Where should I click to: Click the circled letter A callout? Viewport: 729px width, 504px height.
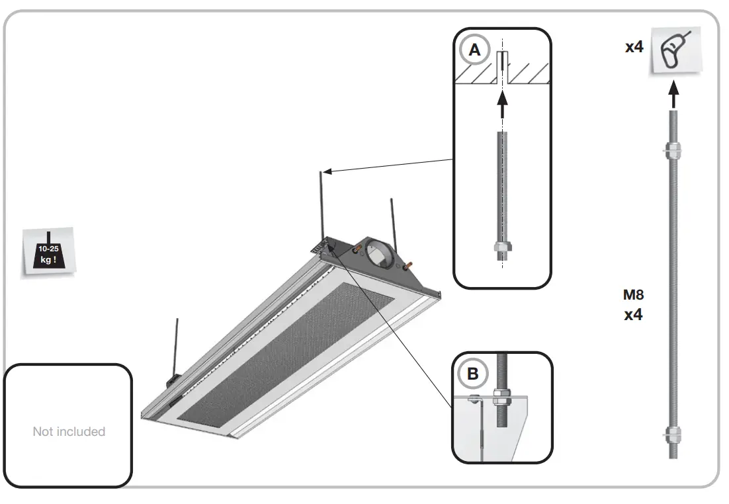point(474,50)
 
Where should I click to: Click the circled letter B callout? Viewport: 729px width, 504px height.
point(472,374)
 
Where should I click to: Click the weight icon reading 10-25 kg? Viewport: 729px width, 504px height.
point(48,252)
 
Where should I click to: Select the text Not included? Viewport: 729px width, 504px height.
point(69,431)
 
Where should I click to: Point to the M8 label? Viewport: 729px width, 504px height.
point(633,295)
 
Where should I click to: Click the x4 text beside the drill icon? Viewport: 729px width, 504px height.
point(634,47)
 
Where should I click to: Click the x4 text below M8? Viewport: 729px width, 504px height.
point(633,315)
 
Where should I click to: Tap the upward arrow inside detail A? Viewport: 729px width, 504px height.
point(502,102)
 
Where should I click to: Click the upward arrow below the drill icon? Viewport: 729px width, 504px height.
point(673,93)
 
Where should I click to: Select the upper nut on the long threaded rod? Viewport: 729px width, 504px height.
point(673,150)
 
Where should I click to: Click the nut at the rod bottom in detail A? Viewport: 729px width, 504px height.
point(502,249)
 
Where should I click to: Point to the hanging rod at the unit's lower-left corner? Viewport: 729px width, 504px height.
point(177,347)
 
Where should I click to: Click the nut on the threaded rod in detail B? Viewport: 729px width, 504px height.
point(501,398)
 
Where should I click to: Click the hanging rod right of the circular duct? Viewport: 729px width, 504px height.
point(392,222)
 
